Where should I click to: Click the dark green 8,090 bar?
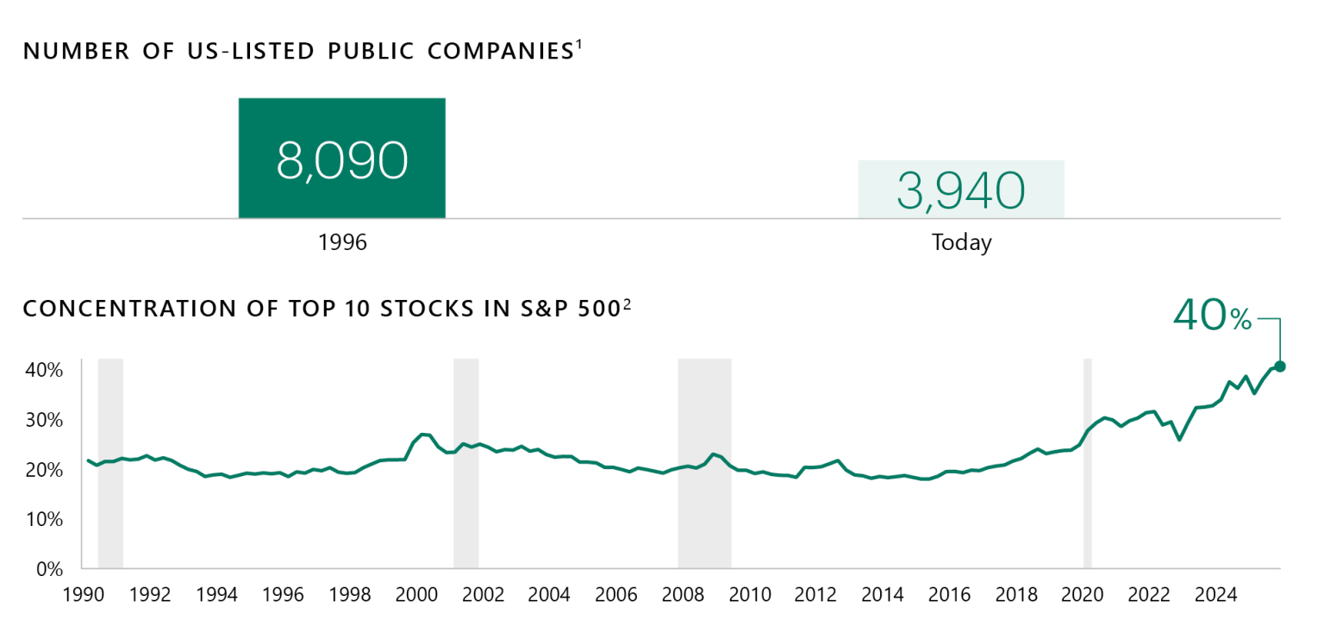point(341,158)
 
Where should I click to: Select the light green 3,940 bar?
point(961,189)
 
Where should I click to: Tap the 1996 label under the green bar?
point(342,242)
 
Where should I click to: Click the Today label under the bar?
point(961,243)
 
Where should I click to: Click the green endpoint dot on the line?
point(1280,366)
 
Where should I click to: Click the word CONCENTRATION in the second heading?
point(108,309)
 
